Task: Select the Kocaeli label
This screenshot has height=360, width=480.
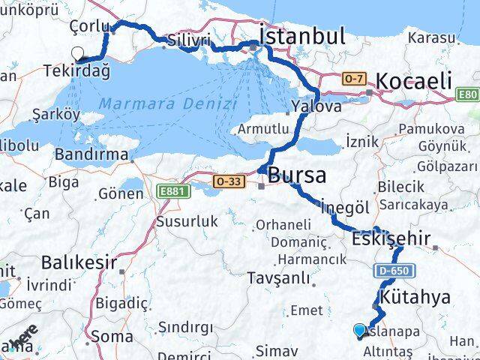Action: click(412, 81)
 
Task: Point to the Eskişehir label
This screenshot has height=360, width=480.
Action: click(391, 239)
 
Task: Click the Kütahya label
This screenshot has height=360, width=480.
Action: click(415, 298)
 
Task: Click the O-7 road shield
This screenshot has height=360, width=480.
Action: click(354, 78)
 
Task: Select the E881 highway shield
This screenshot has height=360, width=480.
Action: click(171, 193)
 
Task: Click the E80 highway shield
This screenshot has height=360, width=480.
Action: click(468, 94)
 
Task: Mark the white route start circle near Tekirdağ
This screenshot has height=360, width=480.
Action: click(77, 53)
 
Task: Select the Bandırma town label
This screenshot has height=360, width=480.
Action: click(91, 154)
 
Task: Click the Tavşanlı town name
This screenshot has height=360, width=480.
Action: click(278, 278)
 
